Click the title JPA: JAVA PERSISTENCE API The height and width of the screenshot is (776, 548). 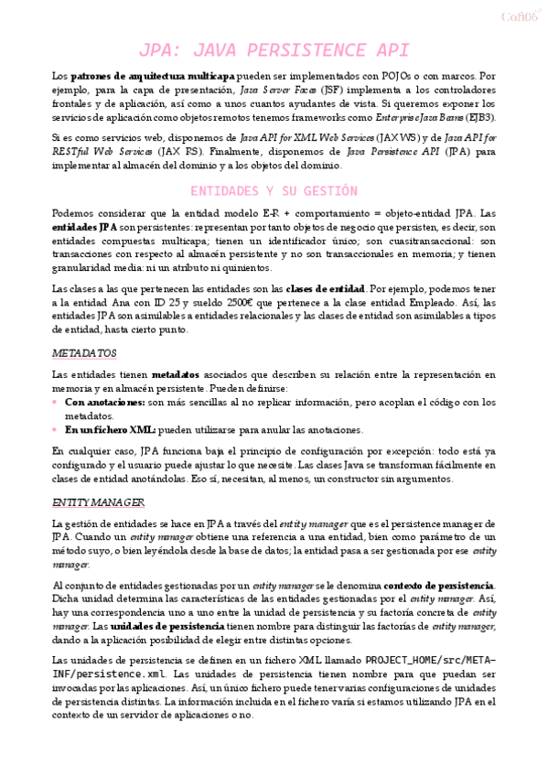pos(274,50)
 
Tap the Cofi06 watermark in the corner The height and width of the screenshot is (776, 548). pos(519,16)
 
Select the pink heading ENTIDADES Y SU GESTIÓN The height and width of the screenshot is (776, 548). pos(274,191)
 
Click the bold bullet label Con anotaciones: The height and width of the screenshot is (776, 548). pos(105,402)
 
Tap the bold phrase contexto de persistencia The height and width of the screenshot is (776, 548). pos(439,585)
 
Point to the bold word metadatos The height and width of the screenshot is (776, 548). pos(177,374)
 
